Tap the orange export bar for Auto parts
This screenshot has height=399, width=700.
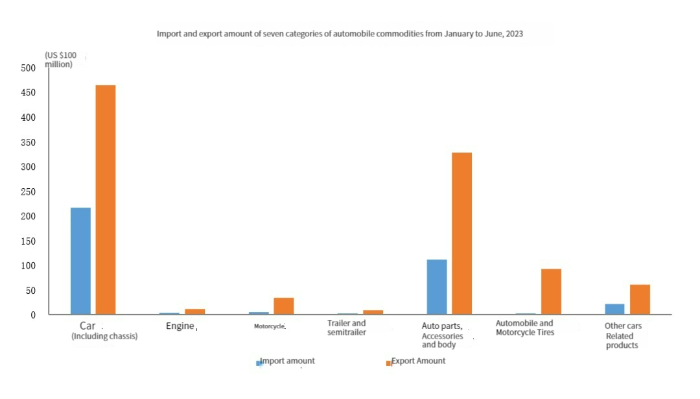pos(461,234)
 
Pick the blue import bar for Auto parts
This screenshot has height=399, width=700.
pos(436,287)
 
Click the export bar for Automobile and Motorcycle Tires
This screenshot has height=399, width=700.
pos(551,291)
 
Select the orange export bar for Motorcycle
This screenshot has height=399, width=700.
pos(283,306)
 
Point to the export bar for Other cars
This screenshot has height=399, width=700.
pos(640,299)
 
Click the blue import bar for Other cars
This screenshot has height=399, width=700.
pos(614,309)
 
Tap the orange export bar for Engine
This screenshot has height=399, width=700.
pos(194,311)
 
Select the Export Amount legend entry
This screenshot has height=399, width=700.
pos(417,361)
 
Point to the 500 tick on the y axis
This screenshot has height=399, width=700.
pos(28,68)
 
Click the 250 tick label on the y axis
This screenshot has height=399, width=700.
pos(28,192)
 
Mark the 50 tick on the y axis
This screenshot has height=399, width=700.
pos(30,291)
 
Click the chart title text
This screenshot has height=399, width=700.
pos(340,34)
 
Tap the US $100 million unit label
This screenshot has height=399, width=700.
pos(61,60)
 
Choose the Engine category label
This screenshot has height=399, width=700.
pos(180,326)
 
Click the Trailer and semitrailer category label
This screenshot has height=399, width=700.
pos(346,328)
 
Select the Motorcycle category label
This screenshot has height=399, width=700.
pos(269,326)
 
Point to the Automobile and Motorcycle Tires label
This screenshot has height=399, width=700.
pos(524,328)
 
